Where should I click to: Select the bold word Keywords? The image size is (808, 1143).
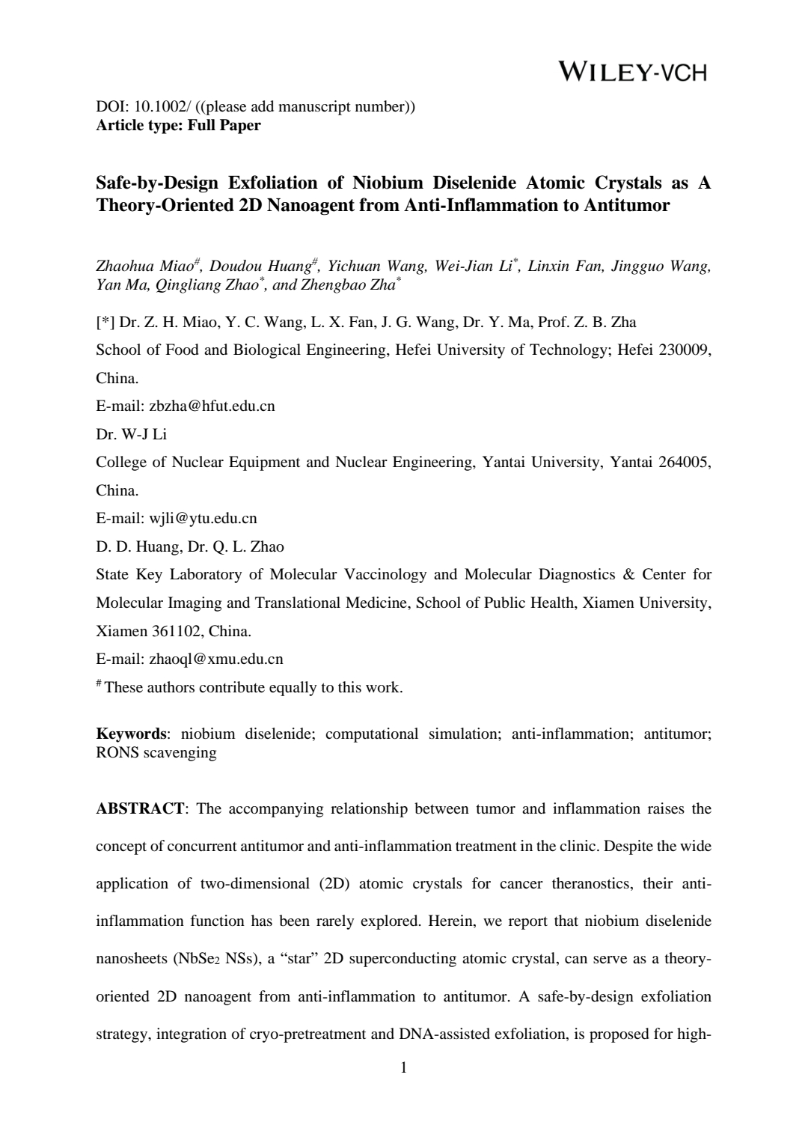click(x=131, y=734)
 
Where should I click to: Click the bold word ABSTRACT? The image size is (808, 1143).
click(x=140, y=809)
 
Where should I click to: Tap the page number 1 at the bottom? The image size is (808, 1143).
click(x=404, y=1067)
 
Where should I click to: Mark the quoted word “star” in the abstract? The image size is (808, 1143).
click(x=299, y=959)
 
